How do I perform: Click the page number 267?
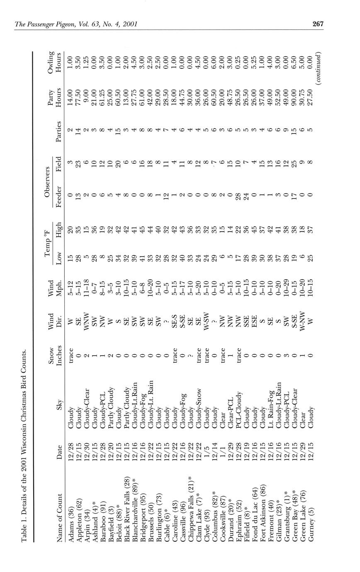[x=318, y=24]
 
